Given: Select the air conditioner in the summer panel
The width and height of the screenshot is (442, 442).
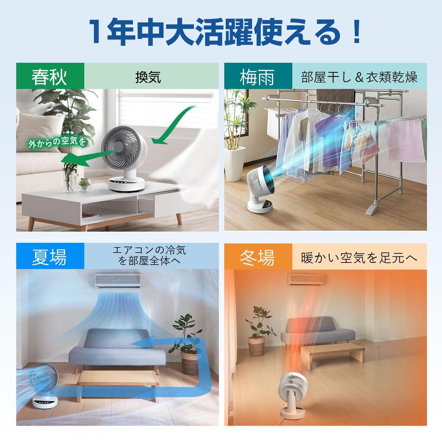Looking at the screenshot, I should [x=118, y=280].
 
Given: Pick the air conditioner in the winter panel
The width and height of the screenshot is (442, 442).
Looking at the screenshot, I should [x=306, y=279].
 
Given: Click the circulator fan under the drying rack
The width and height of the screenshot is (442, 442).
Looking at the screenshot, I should [x=261, y=189].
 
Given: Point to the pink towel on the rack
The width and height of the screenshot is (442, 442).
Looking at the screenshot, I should [x=405, y=140].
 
